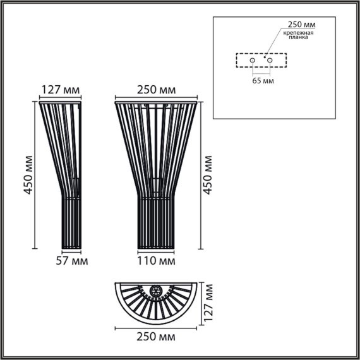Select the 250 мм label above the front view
point(155,90)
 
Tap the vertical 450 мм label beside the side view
point(27,174)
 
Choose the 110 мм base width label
point(155,260)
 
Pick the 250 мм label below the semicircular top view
point(155,338)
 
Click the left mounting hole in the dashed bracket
point(251,61)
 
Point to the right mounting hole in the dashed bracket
point(270,61)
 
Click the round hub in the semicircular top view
point(155,292)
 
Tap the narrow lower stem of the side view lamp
point(70,221)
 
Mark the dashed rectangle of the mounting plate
point(261,61)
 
